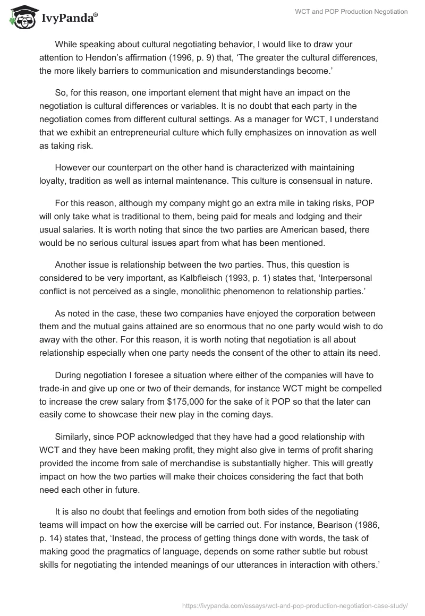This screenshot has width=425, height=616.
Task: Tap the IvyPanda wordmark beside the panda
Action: point(69,18)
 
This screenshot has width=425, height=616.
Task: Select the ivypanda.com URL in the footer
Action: point(294,605)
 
